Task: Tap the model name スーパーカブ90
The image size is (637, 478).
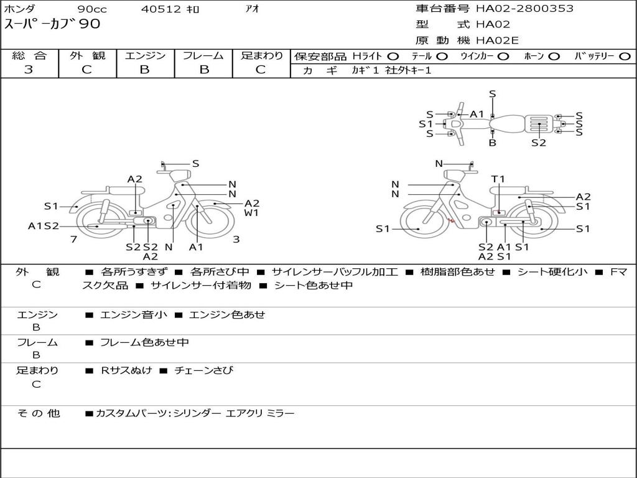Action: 52,24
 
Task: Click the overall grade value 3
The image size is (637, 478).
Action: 29,70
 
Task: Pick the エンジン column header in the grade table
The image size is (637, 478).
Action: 145,55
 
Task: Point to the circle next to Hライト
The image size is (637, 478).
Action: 393,57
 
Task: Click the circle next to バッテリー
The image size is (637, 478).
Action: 625,57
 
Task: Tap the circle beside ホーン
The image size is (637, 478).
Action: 554,57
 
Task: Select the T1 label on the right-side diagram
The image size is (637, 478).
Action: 498,179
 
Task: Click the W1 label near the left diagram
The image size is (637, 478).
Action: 251,213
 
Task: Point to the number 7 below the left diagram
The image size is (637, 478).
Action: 73,240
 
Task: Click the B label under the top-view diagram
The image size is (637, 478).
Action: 493,143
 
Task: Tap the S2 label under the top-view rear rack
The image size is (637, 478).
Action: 539,143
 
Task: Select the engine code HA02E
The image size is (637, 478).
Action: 497,40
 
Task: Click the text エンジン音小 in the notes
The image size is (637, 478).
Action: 133,314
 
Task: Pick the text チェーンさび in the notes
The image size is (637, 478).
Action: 204,370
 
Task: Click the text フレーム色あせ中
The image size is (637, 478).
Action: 144,343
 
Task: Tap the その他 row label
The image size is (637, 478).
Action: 39,413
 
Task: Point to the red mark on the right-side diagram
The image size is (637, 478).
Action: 450,221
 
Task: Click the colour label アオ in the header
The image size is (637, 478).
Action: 253,9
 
